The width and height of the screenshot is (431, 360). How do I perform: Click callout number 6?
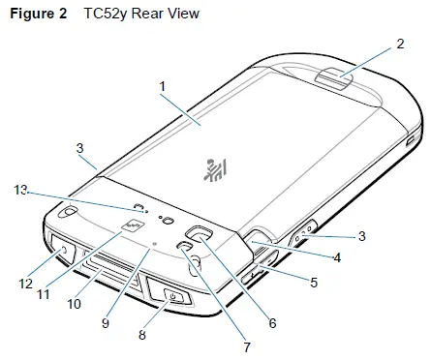click(x=273, y=324)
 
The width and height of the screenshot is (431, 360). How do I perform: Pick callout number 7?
click(x=246, y=345)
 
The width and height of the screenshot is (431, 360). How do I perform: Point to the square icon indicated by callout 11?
click(x=129, y=228)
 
